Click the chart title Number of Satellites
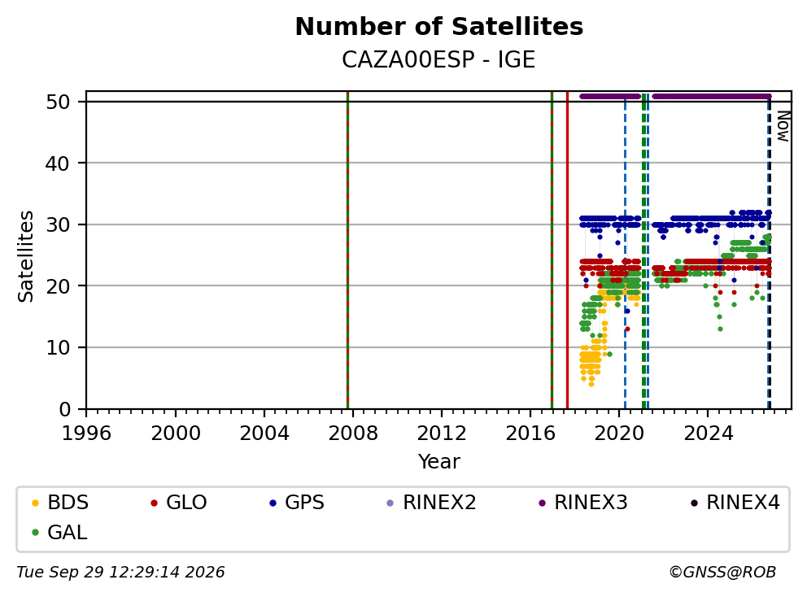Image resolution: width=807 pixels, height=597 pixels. coord(439,27)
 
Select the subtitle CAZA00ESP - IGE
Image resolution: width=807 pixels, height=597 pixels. coord(438,59)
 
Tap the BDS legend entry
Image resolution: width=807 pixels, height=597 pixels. coord(60,503)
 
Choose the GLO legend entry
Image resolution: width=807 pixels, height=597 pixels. coord(179,503)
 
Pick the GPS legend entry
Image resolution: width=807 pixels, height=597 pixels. coord(297,503)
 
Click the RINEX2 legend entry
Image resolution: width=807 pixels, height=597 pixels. coord(431,503)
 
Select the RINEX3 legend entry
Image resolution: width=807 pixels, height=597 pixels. coord(583,503)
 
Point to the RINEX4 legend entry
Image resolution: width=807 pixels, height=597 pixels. coord(735,503)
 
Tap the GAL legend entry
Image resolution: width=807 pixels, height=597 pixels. coord(59,532)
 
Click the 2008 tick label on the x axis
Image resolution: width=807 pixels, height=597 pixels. coord(352,434)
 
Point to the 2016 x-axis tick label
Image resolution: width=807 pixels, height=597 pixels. coord(530,434)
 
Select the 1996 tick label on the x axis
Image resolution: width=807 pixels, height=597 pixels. coord(86,434)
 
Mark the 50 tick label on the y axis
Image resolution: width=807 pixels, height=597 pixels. coord(58,102)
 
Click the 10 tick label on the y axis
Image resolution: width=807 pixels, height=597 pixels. coord(58,347)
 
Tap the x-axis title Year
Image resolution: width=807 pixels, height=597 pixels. coord(439,462)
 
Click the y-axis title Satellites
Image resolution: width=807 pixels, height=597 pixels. coord(25,255)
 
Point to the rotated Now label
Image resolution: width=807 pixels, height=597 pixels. coord(783,126)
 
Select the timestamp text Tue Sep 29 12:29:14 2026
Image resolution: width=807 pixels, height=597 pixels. coord(120,573)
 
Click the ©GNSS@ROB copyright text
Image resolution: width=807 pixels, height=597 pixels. coord(722,573)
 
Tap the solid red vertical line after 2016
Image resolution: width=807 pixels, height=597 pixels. coord(567,251)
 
